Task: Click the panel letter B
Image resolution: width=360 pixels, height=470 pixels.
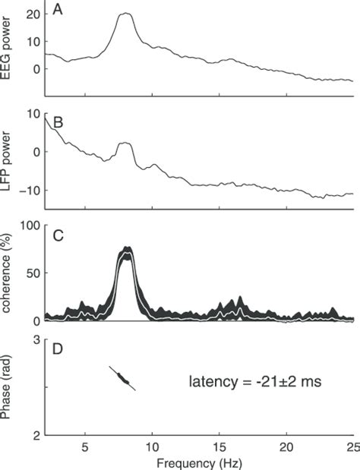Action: point(58,121)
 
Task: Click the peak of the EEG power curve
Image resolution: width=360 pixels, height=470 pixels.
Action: point(126,14)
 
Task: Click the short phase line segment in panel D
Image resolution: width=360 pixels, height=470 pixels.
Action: point(123,378)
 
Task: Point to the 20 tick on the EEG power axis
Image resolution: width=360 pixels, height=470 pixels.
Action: point(33,14)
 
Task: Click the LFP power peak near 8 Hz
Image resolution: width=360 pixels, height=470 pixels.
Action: point(126,144)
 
